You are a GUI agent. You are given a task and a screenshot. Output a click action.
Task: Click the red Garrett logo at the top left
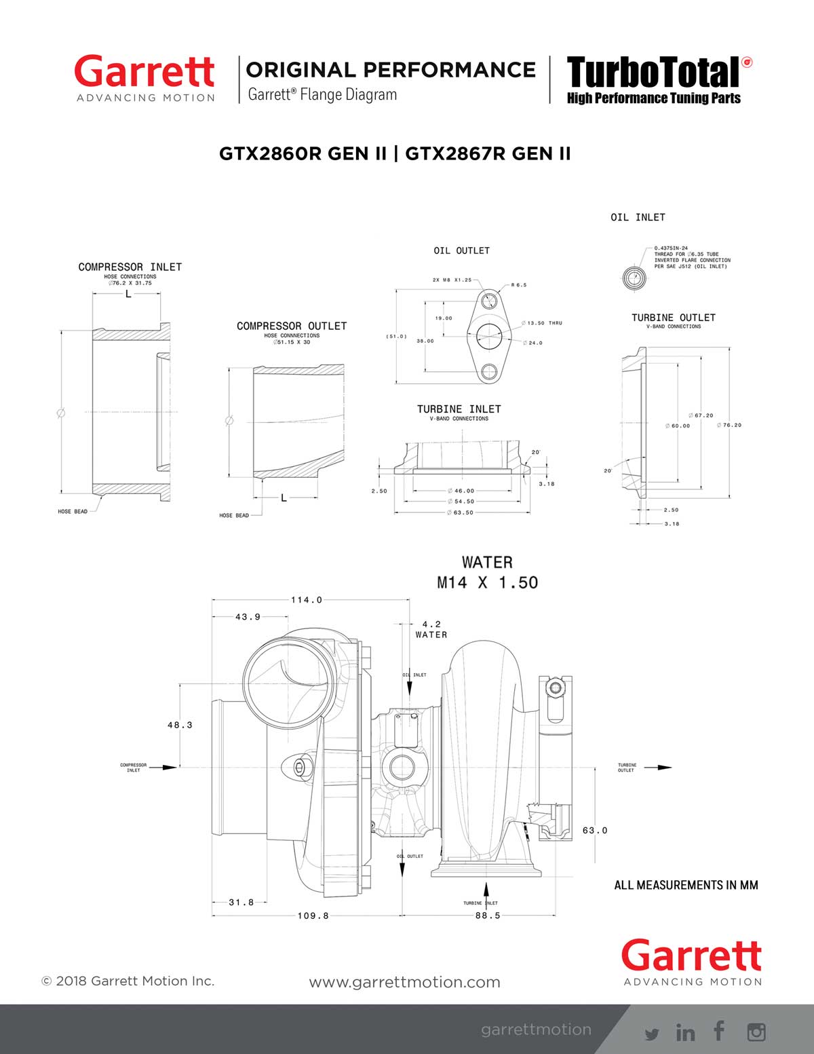(x=144, y=73)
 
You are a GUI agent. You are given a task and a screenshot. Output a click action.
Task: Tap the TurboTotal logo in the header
(x=653, y=73)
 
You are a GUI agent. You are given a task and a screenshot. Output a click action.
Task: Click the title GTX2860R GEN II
(x=303, y=154)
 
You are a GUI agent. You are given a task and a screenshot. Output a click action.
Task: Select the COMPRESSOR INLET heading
(x=130, y=267)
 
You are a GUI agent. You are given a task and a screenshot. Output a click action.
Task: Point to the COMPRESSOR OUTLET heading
(x=291, y=326)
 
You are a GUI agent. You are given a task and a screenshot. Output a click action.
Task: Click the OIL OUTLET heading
(x=461, y=250)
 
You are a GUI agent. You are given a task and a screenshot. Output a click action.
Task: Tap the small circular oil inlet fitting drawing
(x=632, y=278)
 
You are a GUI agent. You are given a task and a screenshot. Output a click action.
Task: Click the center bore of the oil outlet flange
(x=488, y=335)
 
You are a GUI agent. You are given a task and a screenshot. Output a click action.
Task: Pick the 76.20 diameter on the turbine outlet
(x=729, y=426)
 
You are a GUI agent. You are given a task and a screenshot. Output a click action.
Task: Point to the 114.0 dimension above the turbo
(x=307, y=600)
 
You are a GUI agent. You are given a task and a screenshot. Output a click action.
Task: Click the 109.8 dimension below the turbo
(x=313, y=916)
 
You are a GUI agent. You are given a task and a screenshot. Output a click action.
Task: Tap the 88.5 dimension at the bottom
(x=487, y=916)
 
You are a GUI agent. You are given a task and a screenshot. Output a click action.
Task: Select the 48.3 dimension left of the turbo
(x=180, y=725)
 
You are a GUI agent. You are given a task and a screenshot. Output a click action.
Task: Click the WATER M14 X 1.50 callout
(x=487, y=573)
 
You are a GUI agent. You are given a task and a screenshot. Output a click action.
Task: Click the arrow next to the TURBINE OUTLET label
(x=657, y=768)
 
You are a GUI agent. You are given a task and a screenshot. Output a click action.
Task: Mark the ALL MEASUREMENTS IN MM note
(x=686, y=885)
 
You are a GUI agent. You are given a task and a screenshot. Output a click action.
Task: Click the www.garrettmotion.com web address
(x=404, y=982)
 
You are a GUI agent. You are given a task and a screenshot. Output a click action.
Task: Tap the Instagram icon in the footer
(x=756, y=1032)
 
